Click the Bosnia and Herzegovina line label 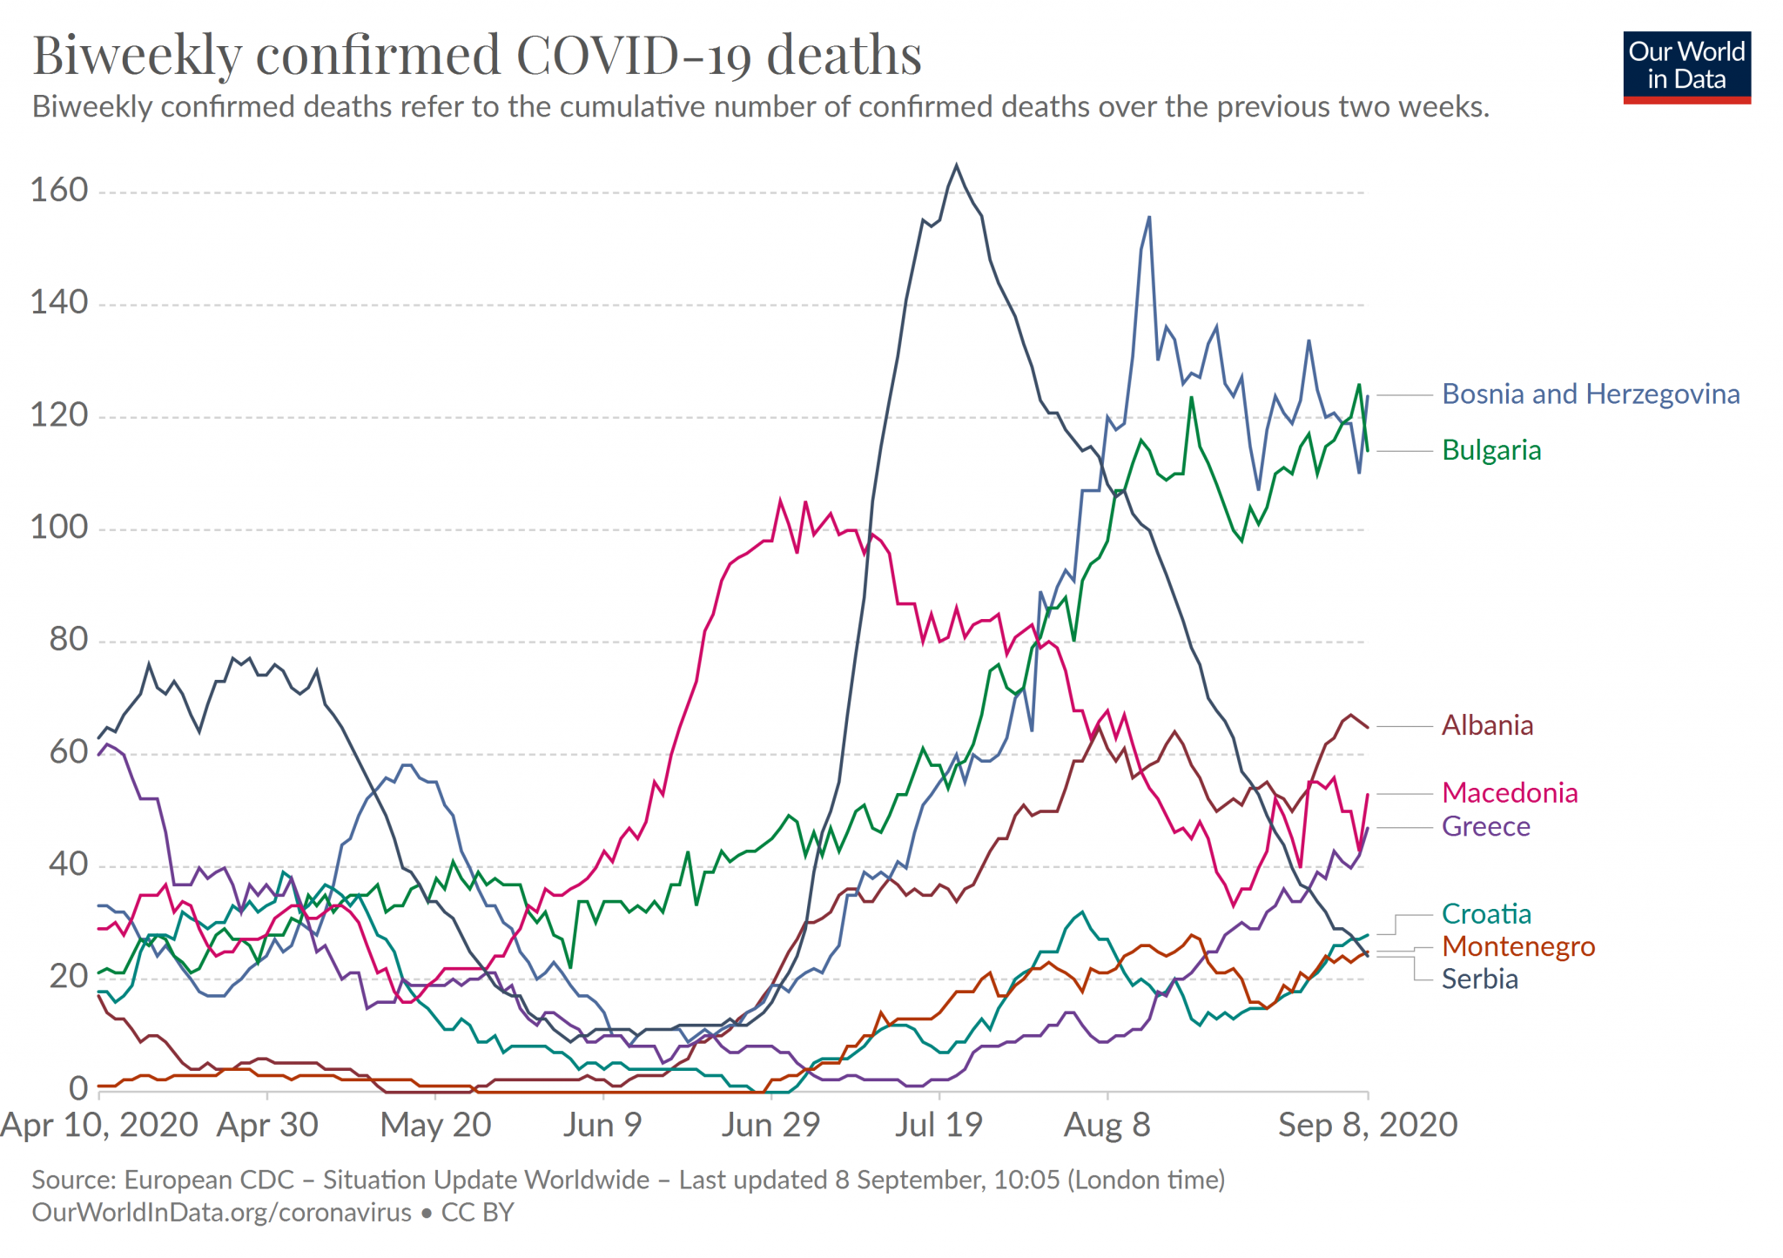(1591, 394)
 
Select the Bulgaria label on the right (1491, 450)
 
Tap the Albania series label (1487, 725)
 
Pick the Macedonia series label (1510, 793)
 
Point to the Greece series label (1485, 826)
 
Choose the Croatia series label (1486, 914)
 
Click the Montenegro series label (1518, 946)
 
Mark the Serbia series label (1479, 979)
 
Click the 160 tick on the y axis (59, 190)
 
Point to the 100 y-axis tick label (59, 528)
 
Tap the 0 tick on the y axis (78, 1088)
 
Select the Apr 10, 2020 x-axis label (99, 1125)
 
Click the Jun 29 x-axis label (770, 1125)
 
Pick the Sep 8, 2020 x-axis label (1367, 1125)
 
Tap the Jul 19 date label (939, 1125)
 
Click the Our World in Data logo (1686, 67)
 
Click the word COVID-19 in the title (633, 55)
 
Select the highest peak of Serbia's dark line (956, 165)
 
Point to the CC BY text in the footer (478, 1213)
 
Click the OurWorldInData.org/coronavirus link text (221, 1213)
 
